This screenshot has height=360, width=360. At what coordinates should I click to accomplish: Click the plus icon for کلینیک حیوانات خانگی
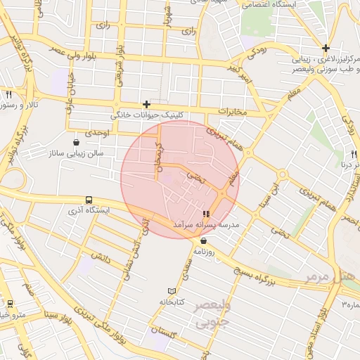146,104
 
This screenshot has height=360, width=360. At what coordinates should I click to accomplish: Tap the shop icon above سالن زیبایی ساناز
76,143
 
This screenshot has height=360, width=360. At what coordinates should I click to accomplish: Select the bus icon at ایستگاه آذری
89,200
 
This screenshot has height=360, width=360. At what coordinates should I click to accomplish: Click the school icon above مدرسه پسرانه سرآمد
206,214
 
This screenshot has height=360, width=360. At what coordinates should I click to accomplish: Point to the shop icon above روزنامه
204,240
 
